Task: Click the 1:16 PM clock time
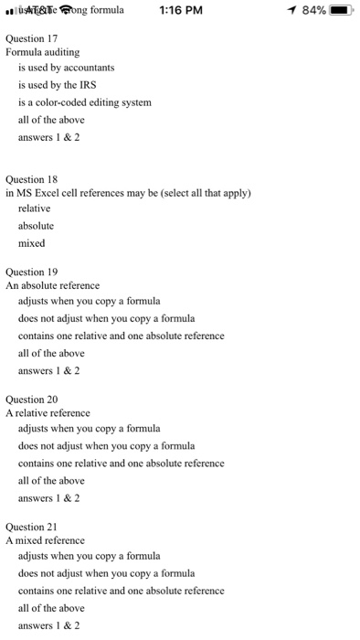point(179,11)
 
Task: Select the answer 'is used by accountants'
point(66,68)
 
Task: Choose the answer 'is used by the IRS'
point(59,85)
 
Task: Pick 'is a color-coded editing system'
point(84,102)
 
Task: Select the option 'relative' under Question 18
point(35,208)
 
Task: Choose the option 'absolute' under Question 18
point(36,226)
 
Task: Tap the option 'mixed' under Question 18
point(32,243)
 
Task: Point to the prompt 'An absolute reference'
point(52,285)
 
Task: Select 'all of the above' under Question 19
point(51,353)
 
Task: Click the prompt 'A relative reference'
point(48,413)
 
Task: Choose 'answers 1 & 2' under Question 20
point(49,498)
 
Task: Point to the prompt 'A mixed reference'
point(45,540)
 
